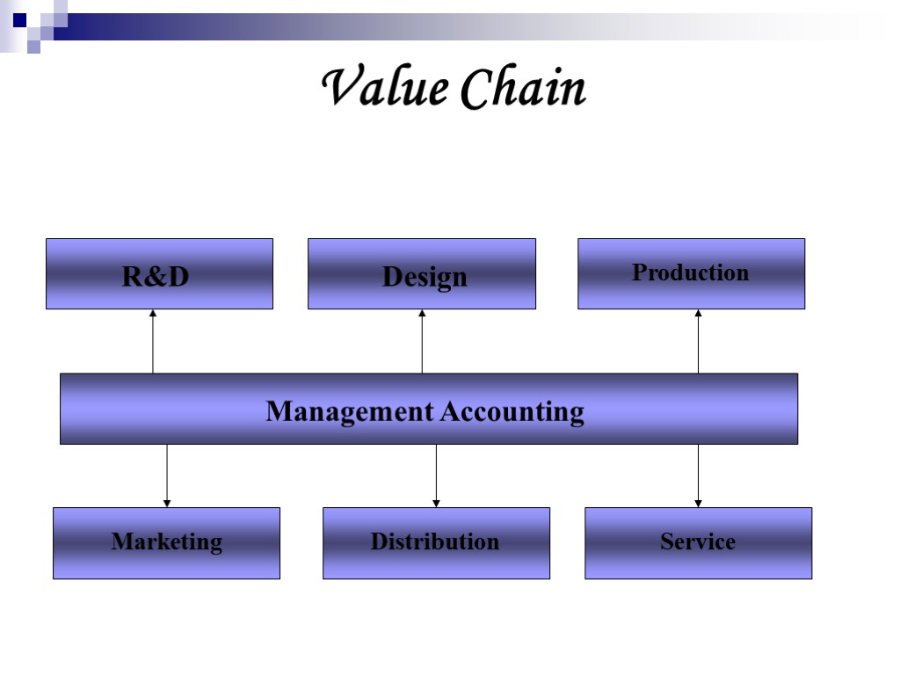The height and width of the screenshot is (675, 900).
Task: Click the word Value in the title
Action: (x=384, y=88)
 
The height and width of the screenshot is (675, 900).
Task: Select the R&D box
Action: (x=159, y=274)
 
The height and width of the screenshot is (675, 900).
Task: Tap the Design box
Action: (x=422, y=274)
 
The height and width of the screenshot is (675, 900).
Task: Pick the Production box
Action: (x=691, y=274)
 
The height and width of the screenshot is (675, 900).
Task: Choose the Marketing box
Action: (x=166, y=543)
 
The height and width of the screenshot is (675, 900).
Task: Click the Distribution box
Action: (x=436, y=543)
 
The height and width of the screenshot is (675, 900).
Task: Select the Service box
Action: (x=698, y=543)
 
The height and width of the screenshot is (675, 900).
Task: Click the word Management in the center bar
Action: (x=349, y=411)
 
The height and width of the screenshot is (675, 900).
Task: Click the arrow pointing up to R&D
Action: (x=153, y=343)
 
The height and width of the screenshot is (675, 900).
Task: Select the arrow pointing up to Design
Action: (x=422, y=343)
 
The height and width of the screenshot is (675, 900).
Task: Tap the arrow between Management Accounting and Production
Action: (x=699, y=343)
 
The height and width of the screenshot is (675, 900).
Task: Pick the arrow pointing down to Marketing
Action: (x=167, y=475)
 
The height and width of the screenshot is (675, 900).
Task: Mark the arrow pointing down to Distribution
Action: (x=436, y=475)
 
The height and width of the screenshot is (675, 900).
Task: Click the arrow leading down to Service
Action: (x=699, y=475)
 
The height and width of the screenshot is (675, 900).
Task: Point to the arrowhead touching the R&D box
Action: (x=153, y=313)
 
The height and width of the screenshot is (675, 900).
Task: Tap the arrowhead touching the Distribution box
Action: (x=436, y=504)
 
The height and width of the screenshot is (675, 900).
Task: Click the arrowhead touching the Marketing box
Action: (x=167, y=504)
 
